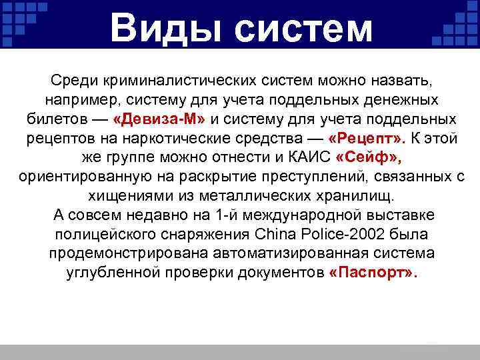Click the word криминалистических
179,81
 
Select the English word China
273,235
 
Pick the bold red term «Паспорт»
373,274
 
